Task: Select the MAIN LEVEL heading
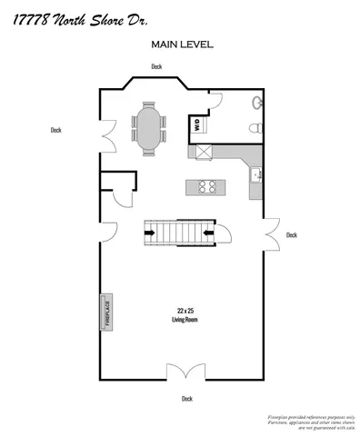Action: tap(182, 43)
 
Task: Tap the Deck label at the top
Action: tap(156, 66)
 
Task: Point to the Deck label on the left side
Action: tap(55, 130)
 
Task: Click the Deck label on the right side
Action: tap(291, 234)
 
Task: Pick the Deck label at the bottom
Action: tap(186, 398)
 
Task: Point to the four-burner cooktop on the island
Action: tap(206, 186)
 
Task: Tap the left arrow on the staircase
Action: tap(150, 235)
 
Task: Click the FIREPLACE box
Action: tap(105, 312)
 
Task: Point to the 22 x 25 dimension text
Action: tap(185, 311)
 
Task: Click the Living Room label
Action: tap(185, 320)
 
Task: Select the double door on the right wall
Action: tap(270, 233)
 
